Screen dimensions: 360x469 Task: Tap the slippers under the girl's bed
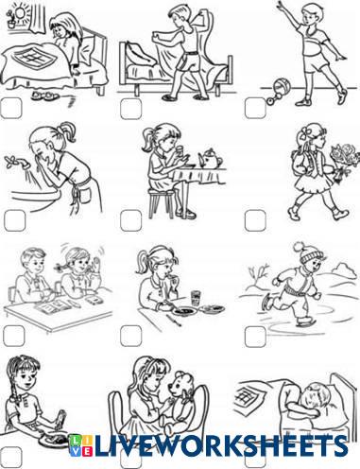44,96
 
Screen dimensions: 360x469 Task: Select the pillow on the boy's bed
141,53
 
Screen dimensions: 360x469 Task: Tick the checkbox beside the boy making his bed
130,109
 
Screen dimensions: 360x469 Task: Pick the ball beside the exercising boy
282,86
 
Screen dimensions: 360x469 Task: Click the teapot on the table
210,159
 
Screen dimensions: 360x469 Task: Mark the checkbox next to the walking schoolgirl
255,220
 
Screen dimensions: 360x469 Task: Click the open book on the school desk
51,306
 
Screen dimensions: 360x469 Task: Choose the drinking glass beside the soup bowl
196,298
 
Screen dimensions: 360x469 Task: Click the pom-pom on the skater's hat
298,247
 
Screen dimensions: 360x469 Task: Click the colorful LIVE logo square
80,445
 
